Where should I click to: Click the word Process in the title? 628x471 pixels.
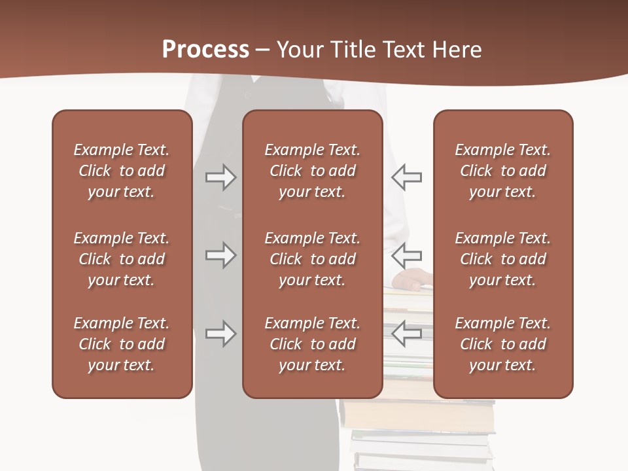[x=205, y=50]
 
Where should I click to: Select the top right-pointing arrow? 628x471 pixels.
[x=221, y=177]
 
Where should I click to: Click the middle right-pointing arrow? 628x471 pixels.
[x=221, y=254]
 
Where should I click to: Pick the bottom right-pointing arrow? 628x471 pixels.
[x=221, y=334]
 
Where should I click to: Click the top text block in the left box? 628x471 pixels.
[x=122, y=171]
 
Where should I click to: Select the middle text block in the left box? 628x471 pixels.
[x=122, y=259]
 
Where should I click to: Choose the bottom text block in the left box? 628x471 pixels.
[x=122, y=344]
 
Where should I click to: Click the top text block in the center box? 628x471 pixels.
[x=313, y=171]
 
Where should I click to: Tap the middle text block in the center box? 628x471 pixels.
[x=313, y=259]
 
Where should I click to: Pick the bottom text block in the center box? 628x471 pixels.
[x=313, y=344]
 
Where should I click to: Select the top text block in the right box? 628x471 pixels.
[x=503, y=171]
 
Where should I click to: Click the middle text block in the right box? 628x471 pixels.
[x=503, y=259]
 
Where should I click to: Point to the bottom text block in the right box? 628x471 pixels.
[x=503, y=344]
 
